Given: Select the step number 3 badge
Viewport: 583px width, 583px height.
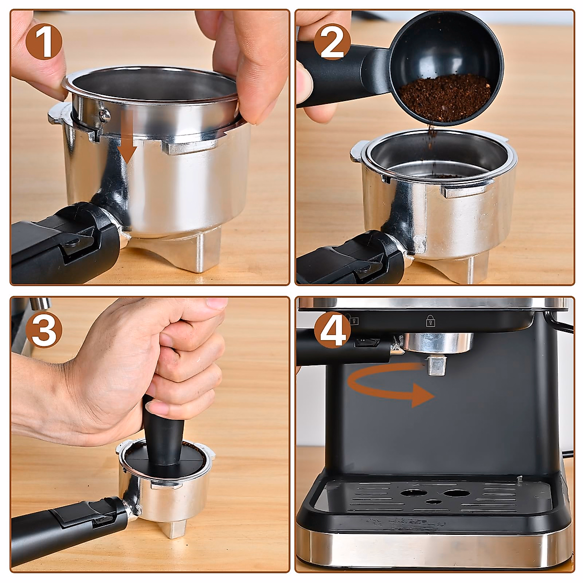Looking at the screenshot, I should (x=44, y=330).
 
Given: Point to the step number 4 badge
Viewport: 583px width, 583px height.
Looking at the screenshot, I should (x=332, y=330).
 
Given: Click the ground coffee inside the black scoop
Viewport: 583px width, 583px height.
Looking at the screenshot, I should (x=445, y=97).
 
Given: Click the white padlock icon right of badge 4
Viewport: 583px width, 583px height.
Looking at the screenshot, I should (x=430, y=321).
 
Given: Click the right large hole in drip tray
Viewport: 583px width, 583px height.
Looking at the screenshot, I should (x=456, y=493).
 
